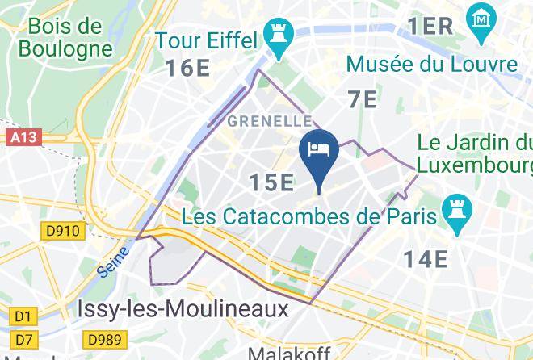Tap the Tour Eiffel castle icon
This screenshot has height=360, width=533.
pyautogui.click(x=279, y=38)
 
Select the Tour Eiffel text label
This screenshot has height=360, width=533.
pyautogui.click(x=206, y=40)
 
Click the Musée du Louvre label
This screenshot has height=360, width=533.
pyautogui.click(x=432, y=65)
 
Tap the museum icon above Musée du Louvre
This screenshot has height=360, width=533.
pyautogui.click(x=481, y=16)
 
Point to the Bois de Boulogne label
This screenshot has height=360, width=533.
pyautogui.click(x=64, y=36)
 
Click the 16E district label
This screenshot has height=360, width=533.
pyautogui.click(x=188, y=68)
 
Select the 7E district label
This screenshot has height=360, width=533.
pyautogui.click(x=363, y=99)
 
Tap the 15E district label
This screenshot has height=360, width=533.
pyautogui.click(x=271, y=183)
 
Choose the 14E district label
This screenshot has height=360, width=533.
pyautogui.click(x=426, y=259)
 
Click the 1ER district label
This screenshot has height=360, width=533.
pyautogui.click(x=430, y=26)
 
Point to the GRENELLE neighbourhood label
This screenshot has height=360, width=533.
pyautogui.click(x=270, y=121)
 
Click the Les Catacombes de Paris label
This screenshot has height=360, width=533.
pyautogui.click(x=310, y=216)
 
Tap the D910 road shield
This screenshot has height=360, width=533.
pyautogui.click(x=62, y=232)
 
